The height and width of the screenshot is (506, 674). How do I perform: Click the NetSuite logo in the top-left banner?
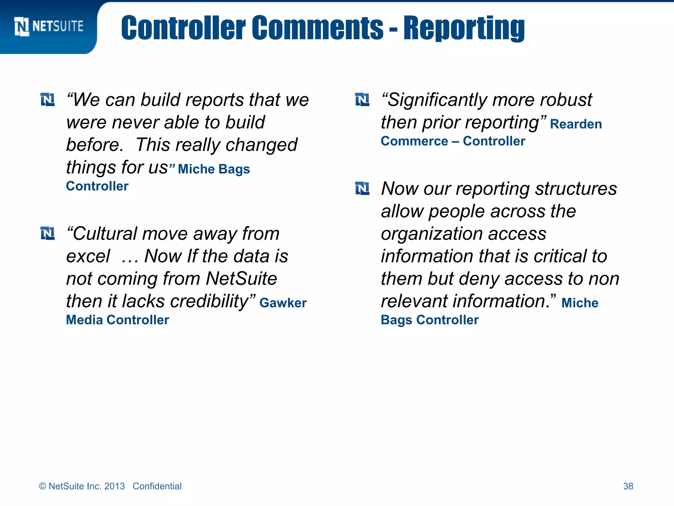pos(49,26)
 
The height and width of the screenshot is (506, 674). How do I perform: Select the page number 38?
pos(628,486)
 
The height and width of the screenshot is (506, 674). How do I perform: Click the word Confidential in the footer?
pos(157,486)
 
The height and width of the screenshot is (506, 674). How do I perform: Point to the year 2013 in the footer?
pos(114,486)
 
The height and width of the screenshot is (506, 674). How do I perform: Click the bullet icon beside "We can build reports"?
pos(48,99)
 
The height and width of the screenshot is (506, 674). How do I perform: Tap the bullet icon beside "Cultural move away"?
pos(48,233)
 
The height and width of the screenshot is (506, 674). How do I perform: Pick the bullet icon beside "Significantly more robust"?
pos(362,99)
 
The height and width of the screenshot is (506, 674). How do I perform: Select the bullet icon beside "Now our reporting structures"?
pos(362,188)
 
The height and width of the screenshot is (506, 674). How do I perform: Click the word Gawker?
pos(283,303)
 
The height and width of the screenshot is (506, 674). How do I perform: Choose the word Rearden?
pos(576,124)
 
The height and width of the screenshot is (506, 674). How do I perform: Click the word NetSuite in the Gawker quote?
pos(241,279)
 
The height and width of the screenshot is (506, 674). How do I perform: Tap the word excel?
pos(88,256)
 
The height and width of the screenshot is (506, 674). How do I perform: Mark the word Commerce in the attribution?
pos(414,141)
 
